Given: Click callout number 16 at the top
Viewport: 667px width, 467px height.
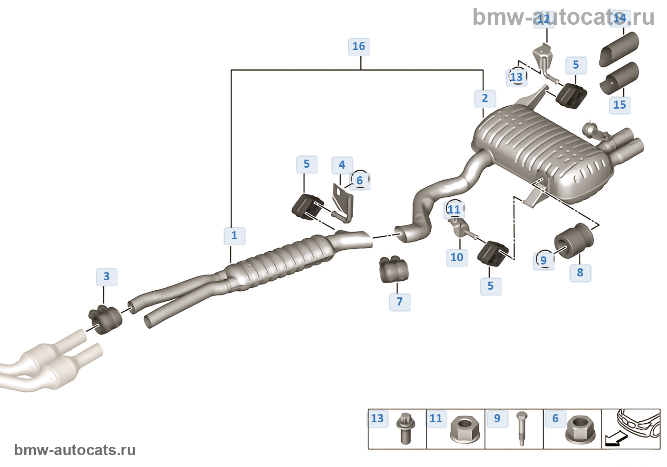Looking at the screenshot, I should [359, 46].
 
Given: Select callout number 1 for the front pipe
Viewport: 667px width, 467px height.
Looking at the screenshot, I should [234, 235].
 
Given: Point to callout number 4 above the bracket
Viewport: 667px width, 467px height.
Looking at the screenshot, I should [342, 165].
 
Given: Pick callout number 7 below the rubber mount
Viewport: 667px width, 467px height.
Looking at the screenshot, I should [400, 302].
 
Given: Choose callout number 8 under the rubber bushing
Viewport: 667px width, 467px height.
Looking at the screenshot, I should [580, 273].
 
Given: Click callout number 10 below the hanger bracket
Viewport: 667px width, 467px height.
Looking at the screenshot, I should [457, 257].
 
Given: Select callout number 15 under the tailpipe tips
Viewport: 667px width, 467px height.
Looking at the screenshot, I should [620, 105].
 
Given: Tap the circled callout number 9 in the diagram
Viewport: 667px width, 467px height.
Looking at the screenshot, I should [544, 261].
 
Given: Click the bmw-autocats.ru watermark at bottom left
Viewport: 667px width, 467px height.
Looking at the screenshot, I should [75, 450].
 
